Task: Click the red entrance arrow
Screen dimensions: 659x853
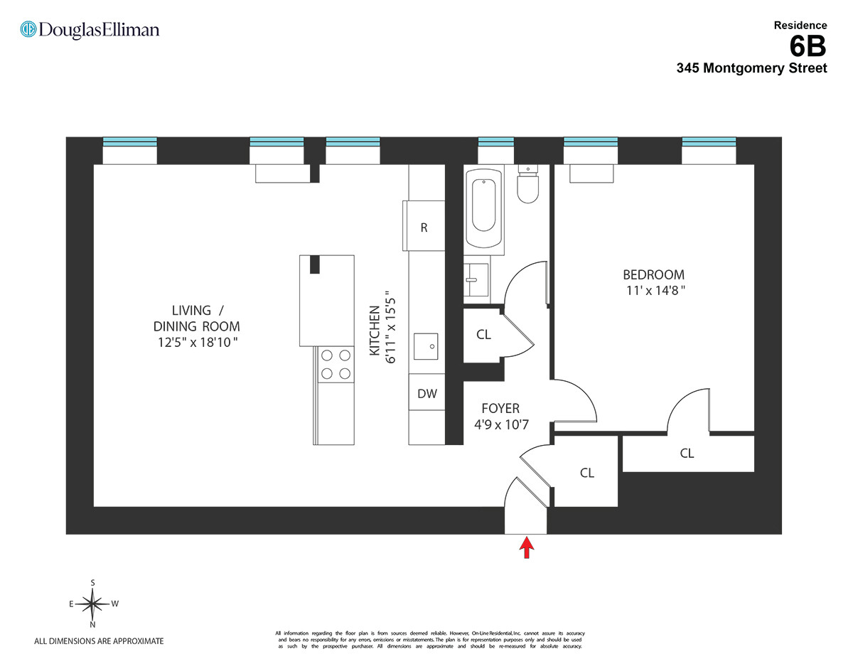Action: coord(526,547)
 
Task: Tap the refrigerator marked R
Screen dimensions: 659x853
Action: coord(424,226)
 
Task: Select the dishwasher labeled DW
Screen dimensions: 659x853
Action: coord(426,394)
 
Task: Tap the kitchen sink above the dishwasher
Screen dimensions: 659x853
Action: coord(426,346)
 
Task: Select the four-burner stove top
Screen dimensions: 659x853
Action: coord(336,364)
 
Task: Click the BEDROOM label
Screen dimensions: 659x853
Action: coord(653,274)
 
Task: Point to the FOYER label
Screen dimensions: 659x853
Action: coord(500,409)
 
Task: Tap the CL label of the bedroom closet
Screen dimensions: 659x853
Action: coord(687,453)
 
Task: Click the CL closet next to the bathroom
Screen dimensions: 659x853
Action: coord(483,335)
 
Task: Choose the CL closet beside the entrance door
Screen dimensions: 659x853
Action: coord(586,473)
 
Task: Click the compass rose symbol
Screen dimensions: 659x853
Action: coord(93,604)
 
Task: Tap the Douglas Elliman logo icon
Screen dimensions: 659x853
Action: coord(28,29)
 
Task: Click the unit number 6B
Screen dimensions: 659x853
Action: coord(808,47)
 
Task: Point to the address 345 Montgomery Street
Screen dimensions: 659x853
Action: coord(751,69)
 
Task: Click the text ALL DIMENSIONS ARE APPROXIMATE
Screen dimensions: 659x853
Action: coord(99,641)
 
